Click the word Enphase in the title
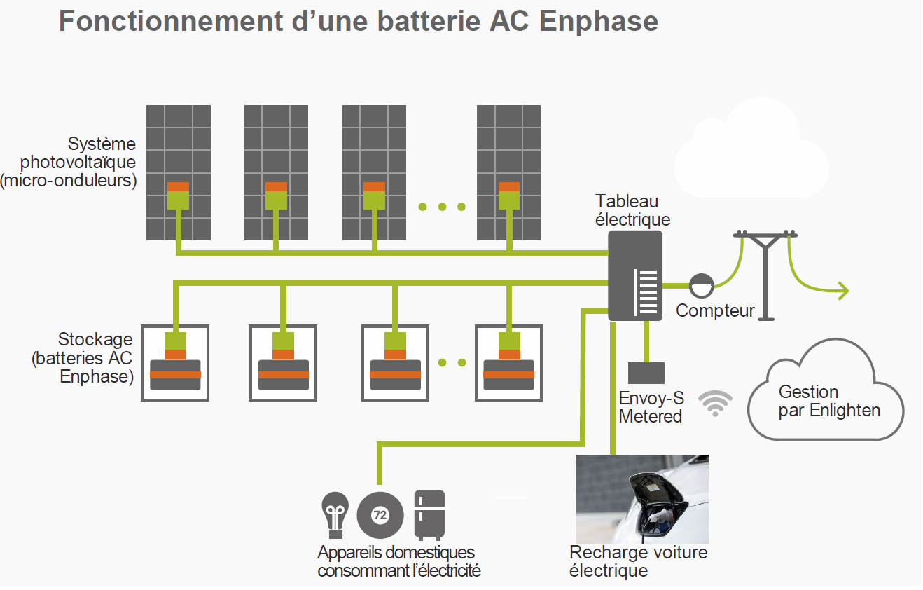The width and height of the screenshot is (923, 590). point(599,21)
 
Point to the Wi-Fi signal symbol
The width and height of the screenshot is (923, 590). point(715,404)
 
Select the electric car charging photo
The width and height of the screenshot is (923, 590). point(641,498)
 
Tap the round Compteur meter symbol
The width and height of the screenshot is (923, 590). point(701,285)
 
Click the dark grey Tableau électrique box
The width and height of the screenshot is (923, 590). point(634,275)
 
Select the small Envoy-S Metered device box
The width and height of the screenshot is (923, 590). point(646,373)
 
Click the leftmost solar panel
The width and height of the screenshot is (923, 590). point(178,172)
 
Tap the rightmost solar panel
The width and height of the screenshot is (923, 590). point(508,172)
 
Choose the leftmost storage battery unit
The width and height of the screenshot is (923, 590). point(175,362)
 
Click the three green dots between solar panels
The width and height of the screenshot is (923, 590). point(442,207)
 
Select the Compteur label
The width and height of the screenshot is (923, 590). point(715,310)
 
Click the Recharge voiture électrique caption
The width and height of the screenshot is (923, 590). point(638,561)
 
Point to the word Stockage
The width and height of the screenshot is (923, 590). point(95,340)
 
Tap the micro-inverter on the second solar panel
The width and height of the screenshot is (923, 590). point(276,195)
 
